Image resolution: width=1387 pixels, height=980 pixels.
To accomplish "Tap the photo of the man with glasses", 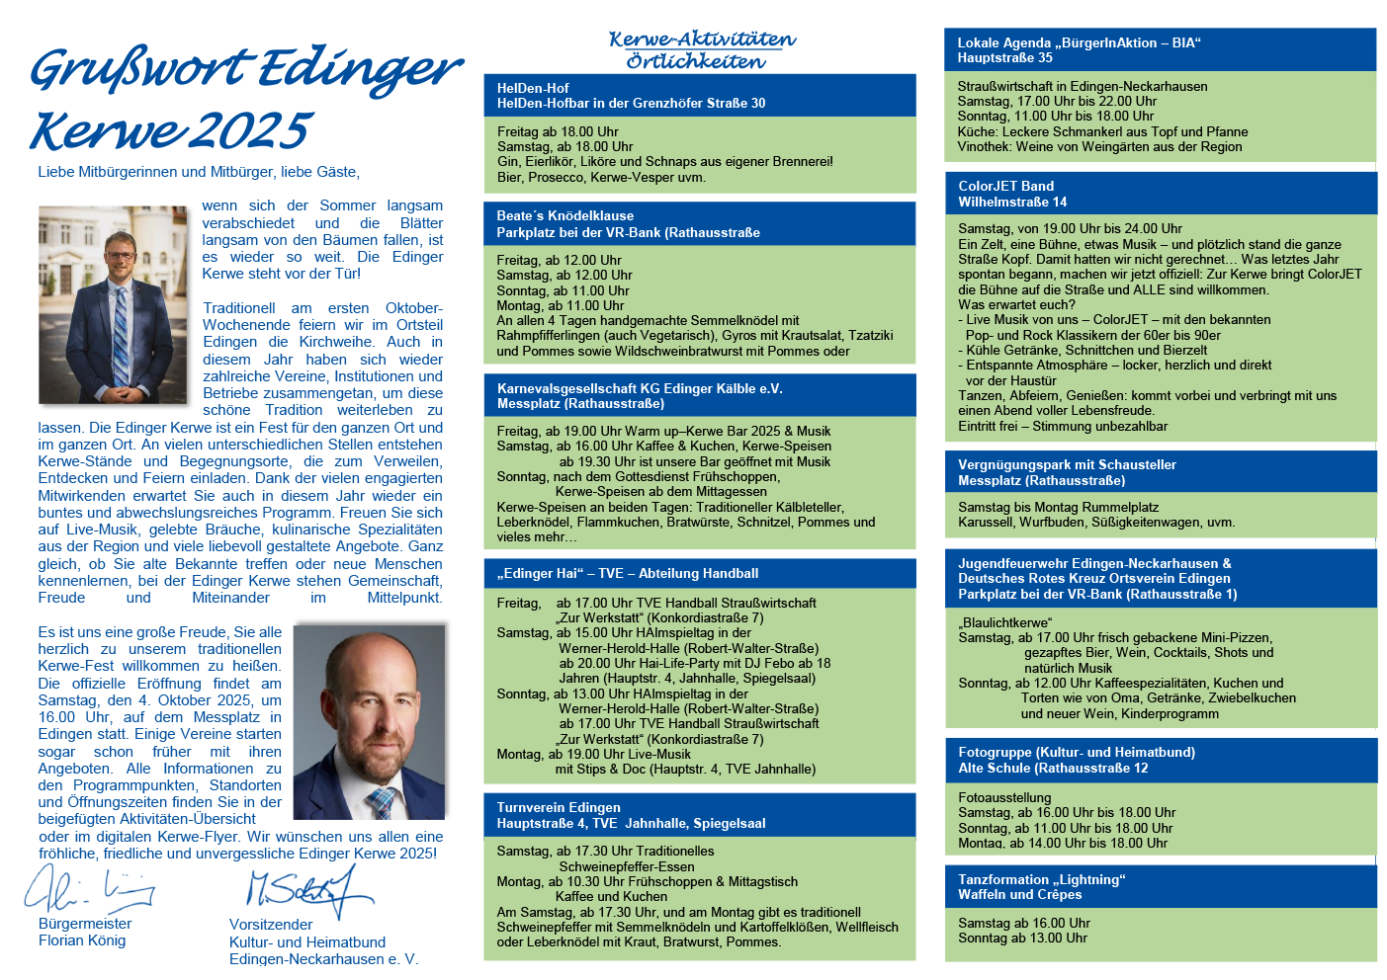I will (x=112, y=304).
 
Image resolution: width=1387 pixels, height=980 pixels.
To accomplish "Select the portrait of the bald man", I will (x=370, y=721).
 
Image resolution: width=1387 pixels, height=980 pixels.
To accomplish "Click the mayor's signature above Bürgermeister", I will (x=89, y=889).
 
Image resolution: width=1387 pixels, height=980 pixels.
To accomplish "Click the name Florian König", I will (x=82, y=940).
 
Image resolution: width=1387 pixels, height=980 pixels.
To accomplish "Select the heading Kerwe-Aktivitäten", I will (x=702, y=40).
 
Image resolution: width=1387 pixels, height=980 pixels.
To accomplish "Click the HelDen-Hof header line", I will (x=533, y=88).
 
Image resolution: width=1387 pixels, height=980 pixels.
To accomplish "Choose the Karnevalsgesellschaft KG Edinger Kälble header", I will (x=640, y=388).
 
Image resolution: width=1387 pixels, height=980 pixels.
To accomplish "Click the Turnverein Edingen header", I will (x=559, y=807).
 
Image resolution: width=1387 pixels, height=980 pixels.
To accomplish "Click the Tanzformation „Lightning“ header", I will (x=1042, y=879).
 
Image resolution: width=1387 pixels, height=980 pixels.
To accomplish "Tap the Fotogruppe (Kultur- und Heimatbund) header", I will (x=1077, y=752).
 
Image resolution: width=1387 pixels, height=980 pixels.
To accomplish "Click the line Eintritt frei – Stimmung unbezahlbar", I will (x=1063, y=426).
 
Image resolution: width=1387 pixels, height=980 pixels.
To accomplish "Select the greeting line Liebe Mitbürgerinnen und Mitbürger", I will (x=198, y=172).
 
